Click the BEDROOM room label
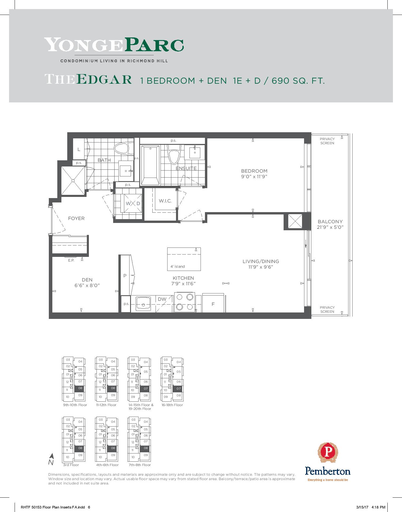[x=254, y=171]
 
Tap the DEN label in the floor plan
[x=87, y=280]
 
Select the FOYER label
[x=76, y=219]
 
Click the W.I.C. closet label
[x=165, y=201]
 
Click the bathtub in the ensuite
[x=150, y=165]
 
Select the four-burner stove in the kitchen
[x=184, y=302]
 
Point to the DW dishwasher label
[x=162, y=299]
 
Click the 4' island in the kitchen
[x=184, y=259]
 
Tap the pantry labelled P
[x=125, y=275]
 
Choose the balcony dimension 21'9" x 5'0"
[x=330, y=227]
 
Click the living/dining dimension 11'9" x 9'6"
[x=261, y=267]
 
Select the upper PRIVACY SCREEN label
[x=327, y=141]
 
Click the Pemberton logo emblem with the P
[x=327, y=454]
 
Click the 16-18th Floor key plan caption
[x=172, y=405]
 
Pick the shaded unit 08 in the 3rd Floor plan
[x=80, y=448]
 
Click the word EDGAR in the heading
[x=104, y=80]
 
